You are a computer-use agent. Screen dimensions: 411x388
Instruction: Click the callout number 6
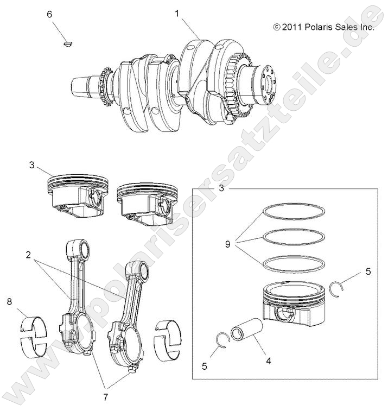[x=49, y=15]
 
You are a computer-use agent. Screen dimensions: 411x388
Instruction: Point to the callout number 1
[x=177, y=12]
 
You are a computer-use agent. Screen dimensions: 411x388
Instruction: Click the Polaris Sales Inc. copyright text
[x=324, y=26]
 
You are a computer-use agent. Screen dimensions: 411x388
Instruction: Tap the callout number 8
[x=9, y=301]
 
